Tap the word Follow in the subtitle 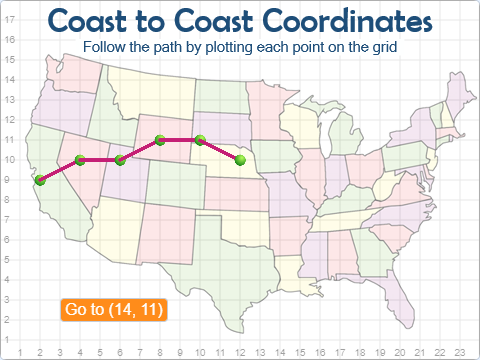[104, 47]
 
